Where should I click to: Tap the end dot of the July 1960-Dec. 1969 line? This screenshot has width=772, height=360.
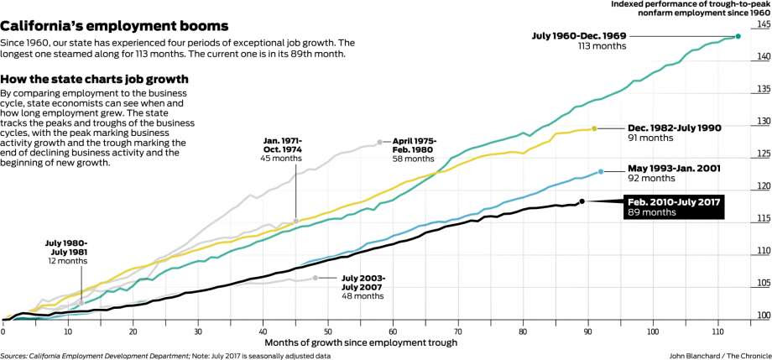pos(738,36)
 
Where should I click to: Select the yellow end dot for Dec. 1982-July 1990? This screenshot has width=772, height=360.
pos(594,128)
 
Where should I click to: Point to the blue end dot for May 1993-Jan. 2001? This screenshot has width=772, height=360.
pos(601,171)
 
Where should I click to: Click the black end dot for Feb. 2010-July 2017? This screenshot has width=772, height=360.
pos(582,201)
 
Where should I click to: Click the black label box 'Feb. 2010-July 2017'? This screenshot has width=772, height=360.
pos(674,206)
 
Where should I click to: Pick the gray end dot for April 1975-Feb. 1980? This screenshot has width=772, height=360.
pos(379,141)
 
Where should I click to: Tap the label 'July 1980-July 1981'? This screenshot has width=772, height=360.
pos(66,251)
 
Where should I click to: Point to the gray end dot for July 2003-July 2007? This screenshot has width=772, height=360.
pos(316,278)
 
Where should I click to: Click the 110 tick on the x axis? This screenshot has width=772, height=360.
pos(718,331)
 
